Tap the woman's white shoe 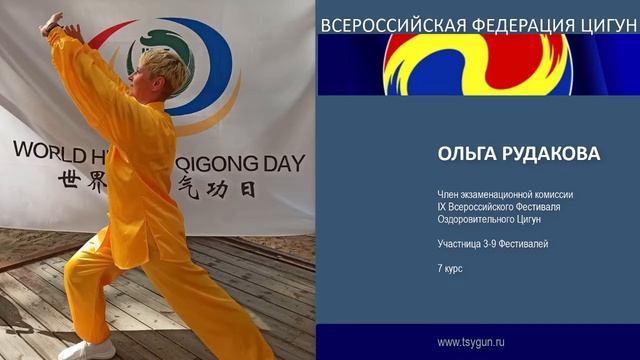coord(88,350)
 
